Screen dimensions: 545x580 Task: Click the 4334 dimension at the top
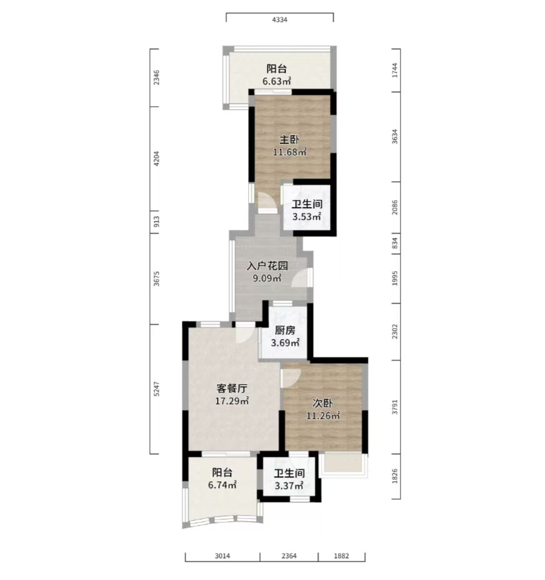click(280, 20)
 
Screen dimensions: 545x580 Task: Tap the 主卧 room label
click(289, 140)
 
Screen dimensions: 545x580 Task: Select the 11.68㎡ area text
click(290, 152)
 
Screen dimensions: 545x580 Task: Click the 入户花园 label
click(267, 266)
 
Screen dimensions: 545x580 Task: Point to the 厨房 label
click(285, 331)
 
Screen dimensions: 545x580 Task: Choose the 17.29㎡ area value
click(232, 401)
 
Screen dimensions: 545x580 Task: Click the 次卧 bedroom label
click(322, 403)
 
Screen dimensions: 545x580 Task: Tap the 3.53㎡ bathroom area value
click(307, 216)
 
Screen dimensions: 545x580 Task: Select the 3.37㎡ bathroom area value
click(289, 485)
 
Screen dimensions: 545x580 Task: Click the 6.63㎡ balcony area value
click(277, 81)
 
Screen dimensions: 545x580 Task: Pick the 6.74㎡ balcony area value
click(222, 484)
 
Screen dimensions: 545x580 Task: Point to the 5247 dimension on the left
click(156, 389)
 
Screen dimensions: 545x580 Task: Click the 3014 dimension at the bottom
click(222, 556)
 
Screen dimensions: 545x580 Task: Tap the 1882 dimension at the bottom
click(341, 556)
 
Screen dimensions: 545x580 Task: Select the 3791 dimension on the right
click(395, 406)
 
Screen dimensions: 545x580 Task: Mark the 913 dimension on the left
click(156, 222)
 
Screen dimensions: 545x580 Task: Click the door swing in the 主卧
click(267, 202)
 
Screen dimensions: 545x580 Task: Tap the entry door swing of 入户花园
click(301, 278)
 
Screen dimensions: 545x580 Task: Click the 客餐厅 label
click(232, 388)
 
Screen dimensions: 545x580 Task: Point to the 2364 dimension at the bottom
click(289, 556)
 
